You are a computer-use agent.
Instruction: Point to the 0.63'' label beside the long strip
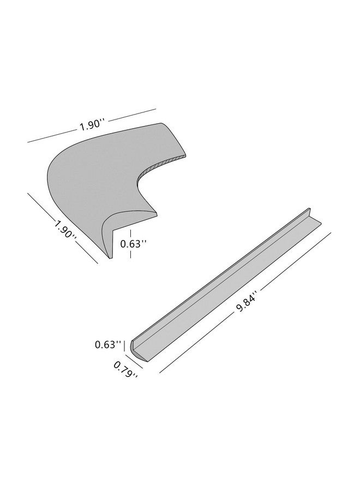click(x=108, y=345)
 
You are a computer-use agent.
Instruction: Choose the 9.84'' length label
click(x=247, y=301)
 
